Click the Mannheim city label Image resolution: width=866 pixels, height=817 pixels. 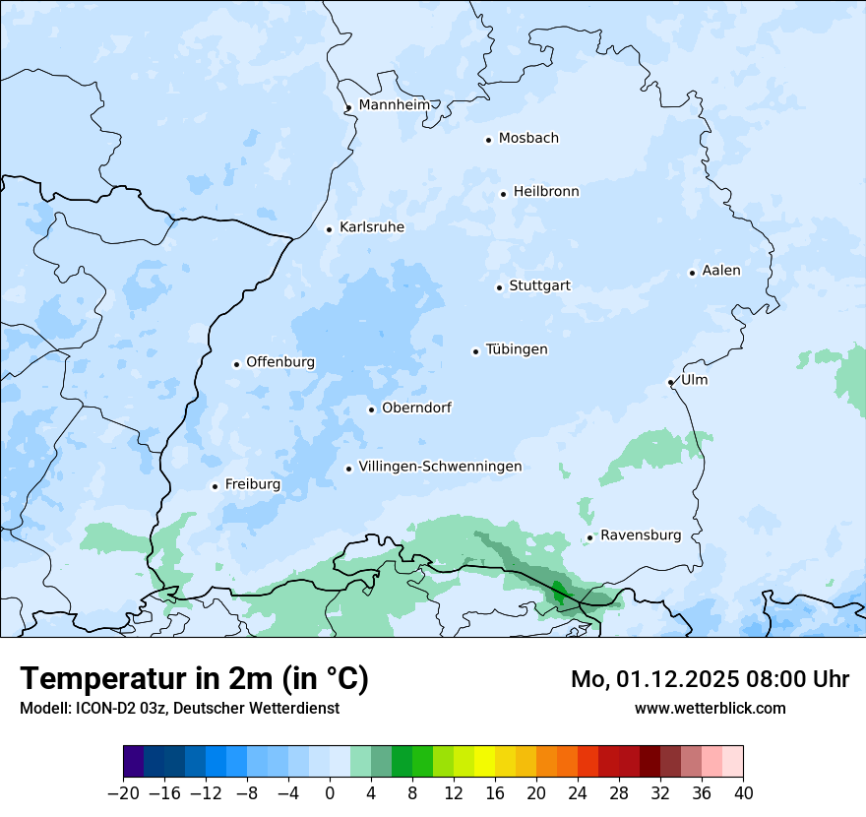point(395,104)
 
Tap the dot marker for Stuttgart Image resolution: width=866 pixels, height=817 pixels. point(499,287)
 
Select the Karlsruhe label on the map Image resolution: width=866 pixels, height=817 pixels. point(371,227)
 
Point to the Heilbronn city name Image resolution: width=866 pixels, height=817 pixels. point(546,192)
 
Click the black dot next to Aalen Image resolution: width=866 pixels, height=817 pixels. point(692,273)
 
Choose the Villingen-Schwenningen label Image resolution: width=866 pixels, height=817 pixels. point(440,467)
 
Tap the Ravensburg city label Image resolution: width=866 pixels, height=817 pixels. point(641,535)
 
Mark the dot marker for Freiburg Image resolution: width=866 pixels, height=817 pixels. point(215,486)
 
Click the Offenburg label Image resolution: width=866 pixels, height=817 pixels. point(280,362)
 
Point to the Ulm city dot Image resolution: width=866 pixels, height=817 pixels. point(670,382)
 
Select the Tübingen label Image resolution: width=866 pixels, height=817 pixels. point(517,349)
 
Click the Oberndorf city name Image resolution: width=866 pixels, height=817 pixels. point(416,408)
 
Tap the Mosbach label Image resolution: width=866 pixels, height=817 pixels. point(528,139)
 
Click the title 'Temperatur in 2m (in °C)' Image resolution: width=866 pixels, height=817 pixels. point(194,678)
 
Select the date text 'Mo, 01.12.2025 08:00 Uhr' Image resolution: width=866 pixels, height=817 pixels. point(710,679)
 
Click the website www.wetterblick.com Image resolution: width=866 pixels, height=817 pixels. point(710,708)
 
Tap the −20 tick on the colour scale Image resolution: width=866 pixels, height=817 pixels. point(123,793)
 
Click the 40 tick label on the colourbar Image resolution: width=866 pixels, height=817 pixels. point(743,793)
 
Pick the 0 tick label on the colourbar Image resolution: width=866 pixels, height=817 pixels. point(330,793)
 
